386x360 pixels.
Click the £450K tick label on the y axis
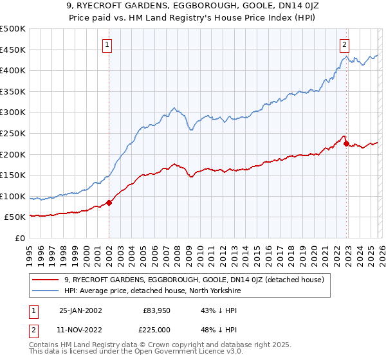coord(13,50)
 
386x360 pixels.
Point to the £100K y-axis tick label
coord(13,196)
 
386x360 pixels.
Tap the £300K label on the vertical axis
coord(13,113)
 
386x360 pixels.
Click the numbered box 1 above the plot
coord(107,44)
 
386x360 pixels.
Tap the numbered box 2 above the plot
coord(345,44)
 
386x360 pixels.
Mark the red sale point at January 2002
coord(109,203)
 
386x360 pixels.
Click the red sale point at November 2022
coord(346,144)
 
